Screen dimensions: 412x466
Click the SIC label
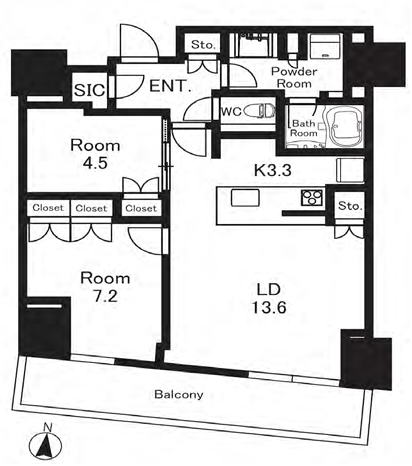[x=90, y=90]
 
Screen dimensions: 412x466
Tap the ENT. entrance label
[x=170, y=86]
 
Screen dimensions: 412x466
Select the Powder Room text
[x=294, y=77]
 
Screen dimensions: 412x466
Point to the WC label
[x=231, y=111]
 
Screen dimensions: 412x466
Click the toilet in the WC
[x=260, y=111]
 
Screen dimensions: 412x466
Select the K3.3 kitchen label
[x=273, y=170]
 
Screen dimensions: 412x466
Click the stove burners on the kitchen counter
[x=312, y=197]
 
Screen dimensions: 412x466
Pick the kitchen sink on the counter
[x=245, y=198]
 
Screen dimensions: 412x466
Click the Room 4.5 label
[x=95, y=154]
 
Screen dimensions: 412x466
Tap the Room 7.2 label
[x=105, y=287]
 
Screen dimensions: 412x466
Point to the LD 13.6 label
[x=269, y=298]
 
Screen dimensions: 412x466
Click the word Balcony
[x=179, y=395]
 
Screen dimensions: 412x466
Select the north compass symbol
[x=45, y=442]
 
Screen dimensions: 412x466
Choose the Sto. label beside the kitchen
[x=350, y=206]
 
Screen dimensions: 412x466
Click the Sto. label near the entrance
[x=203, y=45]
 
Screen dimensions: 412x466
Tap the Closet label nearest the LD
[x=141, y=208]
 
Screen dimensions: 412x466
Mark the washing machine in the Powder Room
[x=325, y=46]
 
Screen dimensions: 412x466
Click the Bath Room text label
[x=304, y=128]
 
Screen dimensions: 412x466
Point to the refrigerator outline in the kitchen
[x=350, y=170]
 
